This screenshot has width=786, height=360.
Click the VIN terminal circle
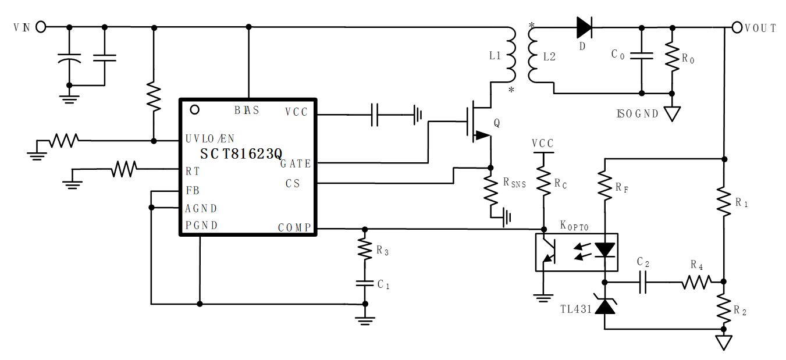click(41, 27)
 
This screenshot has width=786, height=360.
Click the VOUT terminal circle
click(737, 27)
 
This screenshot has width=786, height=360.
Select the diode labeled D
click(584, 27)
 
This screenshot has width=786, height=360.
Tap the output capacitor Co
click(642, 56)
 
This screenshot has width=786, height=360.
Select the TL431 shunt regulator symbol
click(606, 306)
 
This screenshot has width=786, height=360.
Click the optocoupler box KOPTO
click(576, 252)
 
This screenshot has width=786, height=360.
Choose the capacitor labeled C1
click(365, 284)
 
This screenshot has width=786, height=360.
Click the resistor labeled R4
click(696, 282)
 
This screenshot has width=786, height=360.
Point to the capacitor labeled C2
click(643, 282)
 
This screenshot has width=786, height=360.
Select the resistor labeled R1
click(724, 201)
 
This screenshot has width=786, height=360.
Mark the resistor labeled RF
click(606, 186)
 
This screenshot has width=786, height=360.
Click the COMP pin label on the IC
click(294, 227)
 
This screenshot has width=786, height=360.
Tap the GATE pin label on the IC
click(296, 164)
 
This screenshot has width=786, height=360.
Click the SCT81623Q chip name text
click(241, 154)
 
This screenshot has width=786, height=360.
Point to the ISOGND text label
click(637, 113)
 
